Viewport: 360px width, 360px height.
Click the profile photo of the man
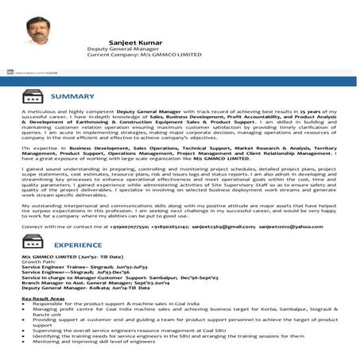[37, 32]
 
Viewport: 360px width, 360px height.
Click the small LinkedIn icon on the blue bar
[10, 72]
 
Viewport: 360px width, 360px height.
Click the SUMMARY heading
[72, 97]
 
